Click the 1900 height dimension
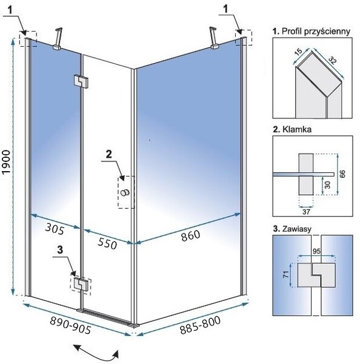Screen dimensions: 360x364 6,161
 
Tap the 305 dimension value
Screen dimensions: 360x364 55,229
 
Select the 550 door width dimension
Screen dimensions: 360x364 107,243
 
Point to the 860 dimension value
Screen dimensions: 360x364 190,235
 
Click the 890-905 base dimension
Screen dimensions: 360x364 70,325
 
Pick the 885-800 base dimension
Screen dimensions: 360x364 200,325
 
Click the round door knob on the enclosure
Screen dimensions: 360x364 125,192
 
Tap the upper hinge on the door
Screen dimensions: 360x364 81,82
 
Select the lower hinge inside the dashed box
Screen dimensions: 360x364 81,284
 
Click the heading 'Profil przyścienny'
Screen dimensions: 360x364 312,32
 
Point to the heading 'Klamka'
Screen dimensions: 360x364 292,129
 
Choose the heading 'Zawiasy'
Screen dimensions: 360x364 292,229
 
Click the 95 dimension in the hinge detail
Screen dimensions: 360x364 316,251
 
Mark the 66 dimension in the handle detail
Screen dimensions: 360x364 342,174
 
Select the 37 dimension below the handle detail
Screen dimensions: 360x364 306,212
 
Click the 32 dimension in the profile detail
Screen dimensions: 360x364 332,60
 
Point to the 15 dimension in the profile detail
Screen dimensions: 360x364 299,51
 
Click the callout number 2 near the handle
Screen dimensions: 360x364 109,155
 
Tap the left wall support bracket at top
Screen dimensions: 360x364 58,39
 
